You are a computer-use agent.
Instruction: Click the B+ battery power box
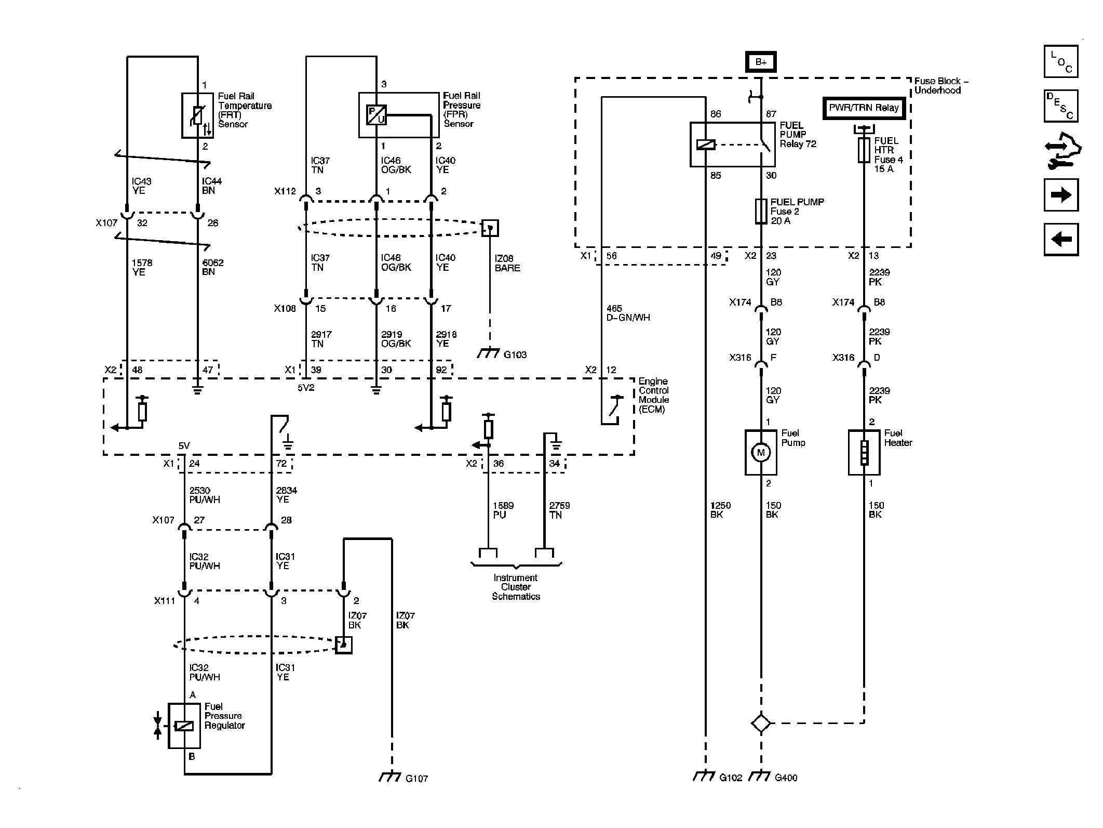[761, 62]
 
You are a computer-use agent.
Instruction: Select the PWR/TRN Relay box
[864, 108]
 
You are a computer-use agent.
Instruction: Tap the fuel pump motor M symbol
[761, 452]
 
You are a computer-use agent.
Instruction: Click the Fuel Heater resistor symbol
[864, 452]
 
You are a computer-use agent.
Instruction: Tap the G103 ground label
[515, 354]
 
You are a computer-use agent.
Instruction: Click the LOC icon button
[1061, 61]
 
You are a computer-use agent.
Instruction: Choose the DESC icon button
[1061, 106]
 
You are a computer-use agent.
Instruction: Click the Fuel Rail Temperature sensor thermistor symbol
[198, 115]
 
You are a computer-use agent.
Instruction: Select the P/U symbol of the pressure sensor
[376, 115]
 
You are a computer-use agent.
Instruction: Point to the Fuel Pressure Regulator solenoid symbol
[184, 726]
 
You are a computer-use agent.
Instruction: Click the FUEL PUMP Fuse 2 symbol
[761, 212]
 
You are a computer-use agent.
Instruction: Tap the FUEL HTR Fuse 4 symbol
[864, 150]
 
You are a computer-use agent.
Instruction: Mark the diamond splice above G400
[761, 723]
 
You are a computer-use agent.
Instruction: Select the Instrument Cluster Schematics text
[516, 587]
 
